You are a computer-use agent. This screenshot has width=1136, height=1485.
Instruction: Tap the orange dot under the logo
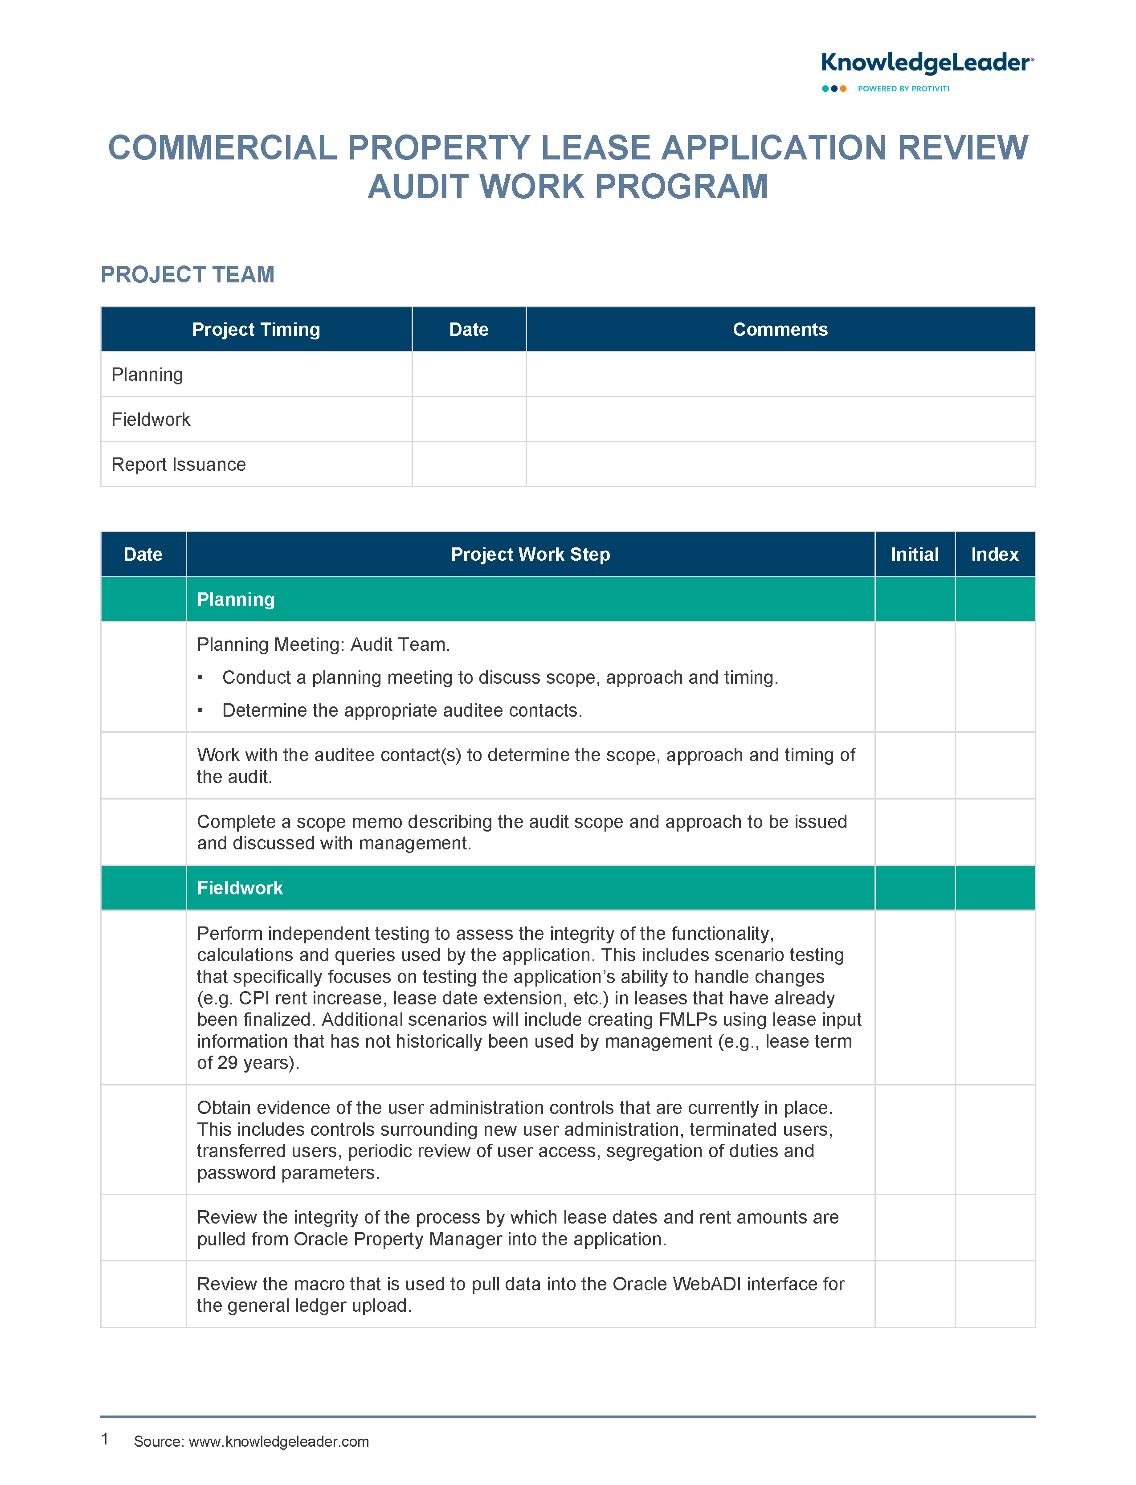(843, 89)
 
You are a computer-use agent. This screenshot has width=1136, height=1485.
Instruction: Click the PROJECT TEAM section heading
(187, 274)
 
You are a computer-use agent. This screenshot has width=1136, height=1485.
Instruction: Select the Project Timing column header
(256, 329)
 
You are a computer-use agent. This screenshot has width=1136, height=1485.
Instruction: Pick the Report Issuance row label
(179, 465)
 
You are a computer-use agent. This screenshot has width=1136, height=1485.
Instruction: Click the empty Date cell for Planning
(469, 375)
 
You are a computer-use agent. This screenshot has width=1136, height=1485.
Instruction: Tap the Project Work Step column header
(530, 554)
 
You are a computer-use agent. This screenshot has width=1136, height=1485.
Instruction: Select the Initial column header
(914, 554)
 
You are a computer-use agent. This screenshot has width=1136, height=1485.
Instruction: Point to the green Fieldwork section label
(239, 888)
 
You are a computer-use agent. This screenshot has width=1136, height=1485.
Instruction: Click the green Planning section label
(235, 600)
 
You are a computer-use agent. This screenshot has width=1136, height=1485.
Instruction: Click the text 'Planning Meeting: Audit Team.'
(323, 644)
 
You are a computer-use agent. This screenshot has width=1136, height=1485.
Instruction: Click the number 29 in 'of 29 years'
(227, 1063)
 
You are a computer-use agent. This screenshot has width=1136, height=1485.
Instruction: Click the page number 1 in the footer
(105, 1439)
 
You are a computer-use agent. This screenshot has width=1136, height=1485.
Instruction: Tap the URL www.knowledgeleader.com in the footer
(278, 1441)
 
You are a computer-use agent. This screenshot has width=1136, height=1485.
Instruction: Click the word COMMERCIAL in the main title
(222, 148)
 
